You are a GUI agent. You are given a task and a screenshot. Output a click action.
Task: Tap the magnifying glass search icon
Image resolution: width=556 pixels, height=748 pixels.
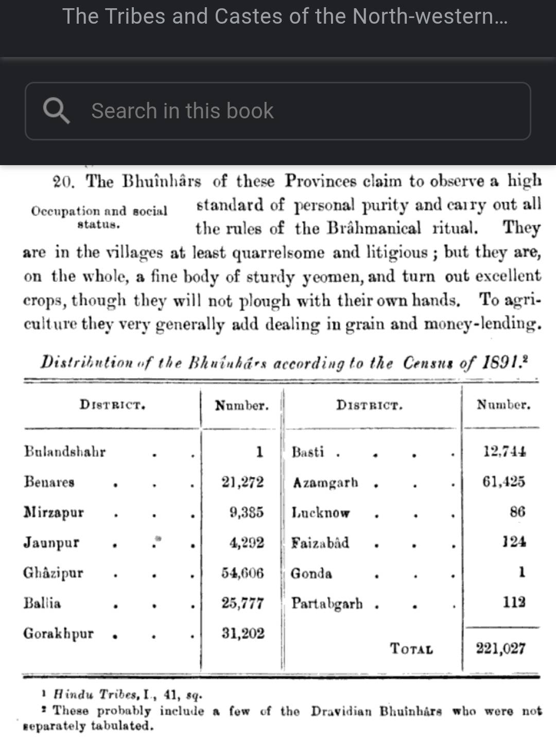(56, 111)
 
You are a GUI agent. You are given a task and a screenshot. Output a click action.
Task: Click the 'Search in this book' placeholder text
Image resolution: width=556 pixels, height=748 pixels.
(182, 111)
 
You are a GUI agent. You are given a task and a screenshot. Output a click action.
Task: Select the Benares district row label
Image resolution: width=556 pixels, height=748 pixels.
(49, 482)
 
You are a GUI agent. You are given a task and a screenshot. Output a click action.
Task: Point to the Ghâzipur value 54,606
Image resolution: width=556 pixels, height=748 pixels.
(242, 573)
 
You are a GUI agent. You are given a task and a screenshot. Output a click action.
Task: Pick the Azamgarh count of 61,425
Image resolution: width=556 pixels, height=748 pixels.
(503, 482)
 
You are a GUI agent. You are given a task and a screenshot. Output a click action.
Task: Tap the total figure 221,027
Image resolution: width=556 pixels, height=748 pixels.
(500, 648)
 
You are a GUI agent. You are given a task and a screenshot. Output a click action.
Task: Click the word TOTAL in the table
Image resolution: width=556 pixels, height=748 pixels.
(411, 649)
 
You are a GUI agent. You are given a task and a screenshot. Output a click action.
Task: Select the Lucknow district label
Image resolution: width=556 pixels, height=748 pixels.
(320, 512)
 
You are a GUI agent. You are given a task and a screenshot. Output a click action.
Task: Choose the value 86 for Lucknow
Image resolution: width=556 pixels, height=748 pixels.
(517, 512)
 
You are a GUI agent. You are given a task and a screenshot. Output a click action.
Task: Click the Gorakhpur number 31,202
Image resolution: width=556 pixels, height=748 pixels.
(243, 633)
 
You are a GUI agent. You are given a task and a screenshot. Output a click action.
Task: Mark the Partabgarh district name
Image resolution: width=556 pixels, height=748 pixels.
(327, 603)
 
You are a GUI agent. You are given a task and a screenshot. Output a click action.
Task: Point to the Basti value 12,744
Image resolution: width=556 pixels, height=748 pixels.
(505, 452)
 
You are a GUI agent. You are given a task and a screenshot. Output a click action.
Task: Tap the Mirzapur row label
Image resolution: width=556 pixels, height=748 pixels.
(54, 512)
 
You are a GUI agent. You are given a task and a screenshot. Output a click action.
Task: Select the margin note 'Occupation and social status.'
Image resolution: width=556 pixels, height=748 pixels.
(99, 217)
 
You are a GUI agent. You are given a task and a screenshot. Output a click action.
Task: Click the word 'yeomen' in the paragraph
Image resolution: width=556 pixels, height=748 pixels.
(334, 277)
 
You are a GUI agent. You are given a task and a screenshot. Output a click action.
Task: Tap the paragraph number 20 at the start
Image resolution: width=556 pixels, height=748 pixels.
(63, 182)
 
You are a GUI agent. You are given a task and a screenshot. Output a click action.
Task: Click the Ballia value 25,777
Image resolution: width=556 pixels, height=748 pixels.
(242, 603)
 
